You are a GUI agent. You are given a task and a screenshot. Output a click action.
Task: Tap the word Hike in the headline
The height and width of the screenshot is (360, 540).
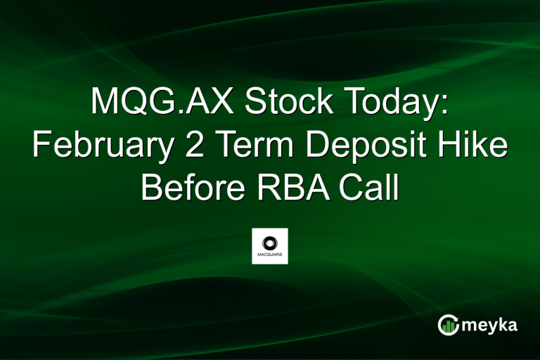point(477,146)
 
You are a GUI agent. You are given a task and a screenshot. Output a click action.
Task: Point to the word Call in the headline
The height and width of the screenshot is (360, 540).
point(373,187)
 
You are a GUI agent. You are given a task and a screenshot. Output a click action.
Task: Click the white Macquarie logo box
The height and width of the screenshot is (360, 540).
point(270,246)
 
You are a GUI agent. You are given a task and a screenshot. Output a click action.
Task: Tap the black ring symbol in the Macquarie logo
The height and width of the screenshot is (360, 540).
point(270,242)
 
